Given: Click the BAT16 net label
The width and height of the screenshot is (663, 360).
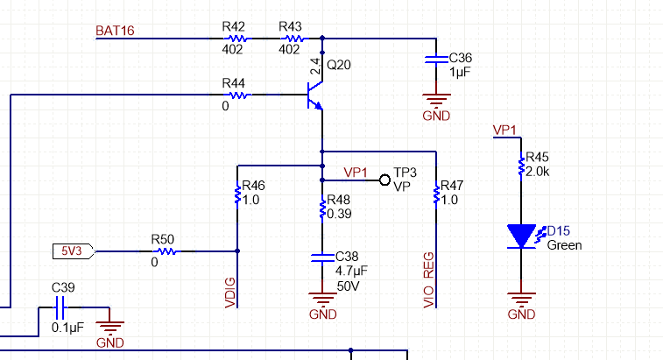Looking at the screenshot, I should coord(114,31).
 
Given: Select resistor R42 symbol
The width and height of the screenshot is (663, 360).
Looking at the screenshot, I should coord(236,39).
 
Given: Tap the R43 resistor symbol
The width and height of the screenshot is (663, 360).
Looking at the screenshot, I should coord(292,39).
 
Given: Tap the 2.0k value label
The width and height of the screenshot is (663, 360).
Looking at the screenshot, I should coord(538,172).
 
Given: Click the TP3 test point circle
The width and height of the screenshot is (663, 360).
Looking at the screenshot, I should coord(384,180).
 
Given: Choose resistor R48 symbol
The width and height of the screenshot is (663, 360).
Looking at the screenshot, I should coord(323,206).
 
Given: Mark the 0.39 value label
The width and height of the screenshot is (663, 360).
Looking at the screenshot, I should coord(339,214).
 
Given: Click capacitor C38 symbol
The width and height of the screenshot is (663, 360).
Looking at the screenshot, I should coord(323,259).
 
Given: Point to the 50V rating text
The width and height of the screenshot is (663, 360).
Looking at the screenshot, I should coord(348,286).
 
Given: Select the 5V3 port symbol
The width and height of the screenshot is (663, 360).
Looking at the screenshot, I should coord(74,251).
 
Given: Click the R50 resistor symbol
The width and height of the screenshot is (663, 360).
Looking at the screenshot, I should coord(166,251).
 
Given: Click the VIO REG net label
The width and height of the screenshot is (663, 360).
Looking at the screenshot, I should coord(429,279).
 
